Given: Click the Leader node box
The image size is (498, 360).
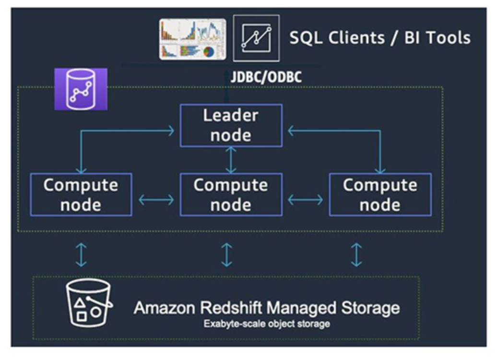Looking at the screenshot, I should [231, 125].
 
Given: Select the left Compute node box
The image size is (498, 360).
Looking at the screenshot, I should [81, 195].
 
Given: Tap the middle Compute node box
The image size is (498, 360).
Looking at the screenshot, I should [231, 195].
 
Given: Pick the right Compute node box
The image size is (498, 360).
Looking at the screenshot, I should [380, 195].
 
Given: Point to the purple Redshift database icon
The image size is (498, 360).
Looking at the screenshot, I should [81, 89].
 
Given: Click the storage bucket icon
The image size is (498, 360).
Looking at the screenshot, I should [88, 303].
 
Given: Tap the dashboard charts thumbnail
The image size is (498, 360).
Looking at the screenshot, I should [192, 39].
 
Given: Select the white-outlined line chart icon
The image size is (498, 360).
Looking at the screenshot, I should [256, 38].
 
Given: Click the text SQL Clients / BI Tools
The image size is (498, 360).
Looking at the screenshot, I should [379, 38].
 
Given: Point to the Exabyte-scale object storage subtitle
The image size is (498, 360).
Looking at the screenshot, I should [266, 324].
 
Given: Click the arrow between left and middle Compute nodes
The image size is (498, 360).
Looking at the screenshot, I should [156, 200].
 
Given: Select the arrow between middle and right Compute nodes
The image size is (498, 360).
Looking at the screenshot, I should [305, 200].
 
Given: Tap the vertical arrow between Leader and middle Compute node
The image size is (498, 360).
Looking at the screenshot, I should [231, 160].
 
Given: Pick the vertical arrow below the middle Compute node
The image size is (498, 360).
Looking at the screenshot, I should [226, 254].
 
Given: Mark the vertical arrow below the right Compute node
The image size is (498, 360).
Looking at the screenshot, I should [356, 254].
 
